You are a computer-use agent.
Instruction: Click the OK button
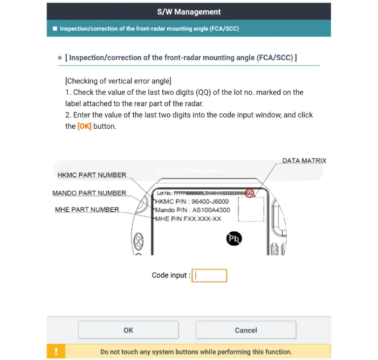pos(128,330)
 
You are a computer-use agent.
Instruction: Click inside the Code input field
pos(210,275)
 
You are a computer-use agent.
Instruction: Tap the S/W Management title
pos(188,11)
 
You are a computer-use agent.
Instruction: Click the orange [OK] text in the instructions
pos(84,126)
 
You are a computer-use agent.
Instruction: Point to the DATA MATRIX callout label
pos(304,161)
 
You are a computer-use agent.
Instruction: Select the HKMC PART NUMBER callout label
pos(92,175)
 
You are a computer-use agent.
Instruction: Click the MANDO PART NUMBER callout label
pos(89,193)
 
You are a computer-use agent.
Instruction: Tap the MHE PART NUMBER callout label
pos(87,209)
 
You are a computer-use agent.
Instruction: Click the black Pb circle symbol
pos(234,239)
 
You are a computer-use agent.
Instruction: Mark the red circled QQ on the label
pos(249,193)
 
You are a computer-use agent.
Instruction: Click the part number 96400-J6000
pos(214,202)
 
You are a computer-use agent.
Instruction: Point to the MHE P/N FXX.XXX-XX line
pos(188,218)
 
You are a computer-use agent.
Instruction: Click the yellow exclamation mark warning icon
pos(56,351)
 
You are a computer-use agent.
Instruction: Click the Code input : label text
pos(170,275)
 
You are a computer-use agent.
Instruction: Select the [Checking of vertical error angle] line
pos(118,81)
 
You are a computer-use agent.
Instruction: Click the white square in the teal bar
pos(54,29)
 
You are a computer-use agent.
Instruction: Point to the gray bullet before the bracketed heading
pos(60,58)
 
